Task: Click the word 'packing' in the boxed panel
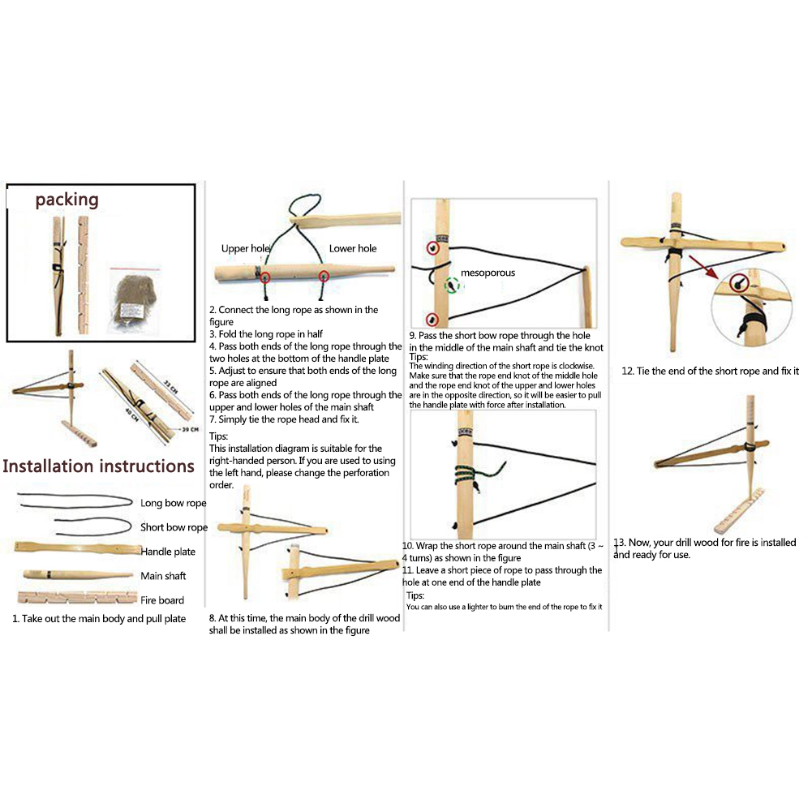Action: coord(67,200)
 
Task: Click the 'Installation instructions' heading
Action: coord(98,466)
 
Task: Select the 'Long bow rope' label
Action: coord(173,503)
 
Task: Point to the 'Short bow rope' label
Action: coord(174,527)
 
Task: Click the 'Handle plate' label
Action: coord(168,552)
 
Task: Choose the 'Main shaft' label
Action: coord(162,576)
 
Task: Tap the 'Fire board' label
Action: coord(161,600)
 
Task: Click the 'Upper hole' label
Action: coord(246,248)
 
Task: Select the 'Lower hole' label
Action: coord(353,248)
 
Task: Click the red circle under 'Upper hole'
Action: coord(265,277)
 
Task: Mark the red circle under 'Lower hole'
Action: coord(324,277)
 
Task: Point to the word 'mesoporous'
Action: coord(488,273)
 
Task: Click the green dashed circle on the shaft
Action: coord(452,285)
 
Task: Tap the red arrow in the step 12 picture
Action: coord(703,267)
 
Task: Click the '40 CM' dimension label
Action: coord(131,415)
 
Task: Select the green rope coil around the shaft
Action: coord(472,474)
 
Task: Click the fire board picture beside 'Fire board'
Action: coord(78,598)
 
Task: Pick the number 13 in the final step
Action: coord(619,543)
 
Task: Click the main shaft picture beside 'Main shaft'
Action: coord(78,574)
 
